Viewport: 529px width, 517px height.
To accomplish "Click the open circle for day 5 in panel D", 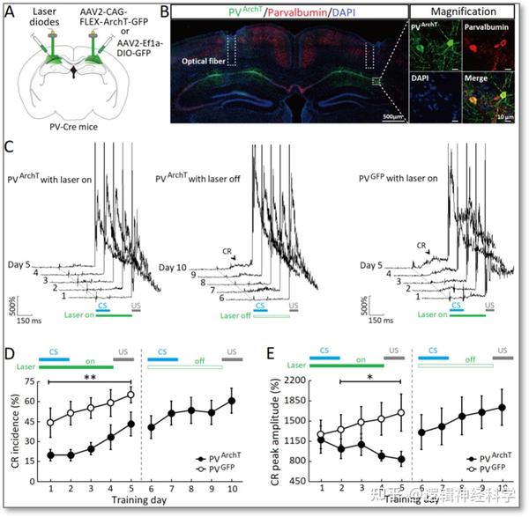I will click(x=130, y=395).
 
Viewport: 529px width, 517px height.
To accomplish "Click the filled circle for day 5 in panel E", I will click(x=401, y=459).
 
